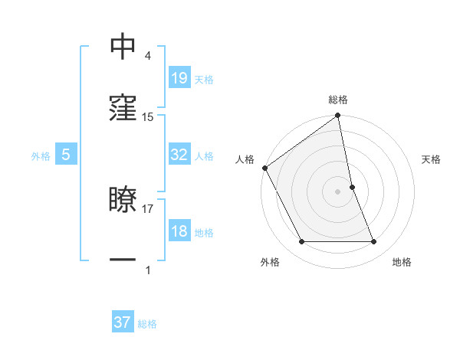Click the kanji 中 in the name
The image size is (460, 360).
pos(123,47)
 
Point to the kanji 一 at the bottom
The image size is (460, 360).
pos(123,260)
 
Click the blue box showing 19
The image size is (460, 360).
pos(179,77)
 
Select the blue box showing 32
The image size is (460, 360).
pos(179,155)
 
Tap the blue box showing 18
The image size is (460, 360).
pos(179,231)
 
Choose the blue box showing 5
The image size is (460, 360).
pos(66,155)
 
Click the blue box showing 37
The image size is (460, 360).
pos(123,322)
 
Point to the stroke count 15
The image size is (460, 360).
pos(148,116)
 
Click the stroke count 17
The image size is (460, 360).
pos(148,208)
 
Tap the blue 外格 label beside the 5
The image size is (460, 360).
pos(41,155)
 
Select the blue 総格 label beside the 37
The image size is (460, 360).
pos(147,324)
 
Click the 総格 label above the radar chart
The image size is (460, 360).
pos(338,100)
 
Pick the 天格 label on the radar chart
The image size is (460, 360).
pos(431,159)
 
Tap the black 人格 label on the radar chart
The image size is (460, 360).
pos(245,159)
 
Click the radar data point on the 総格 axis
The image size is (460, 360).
pos(338,116)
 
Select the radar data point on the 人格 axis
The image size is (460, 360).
pos(264,168)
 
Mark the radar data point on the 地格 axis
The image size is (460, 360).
pos(374,242)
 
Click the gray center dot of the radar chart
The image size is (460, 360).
pos(338,191)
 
